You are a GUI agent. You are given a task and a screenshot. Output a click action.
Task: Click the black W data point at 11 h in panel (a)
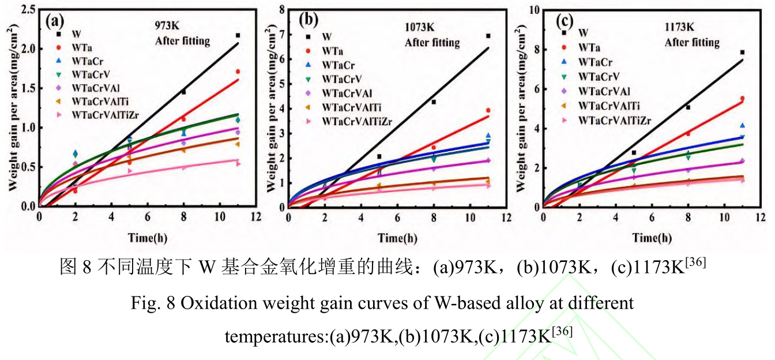coord(238,36)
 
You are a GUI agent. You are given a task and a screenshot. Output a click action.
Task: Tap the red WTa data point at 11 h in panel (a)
coord(238,72)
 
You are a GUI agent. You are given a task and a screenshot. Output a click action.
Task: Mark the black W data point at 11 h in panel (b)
coord(488,36)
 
